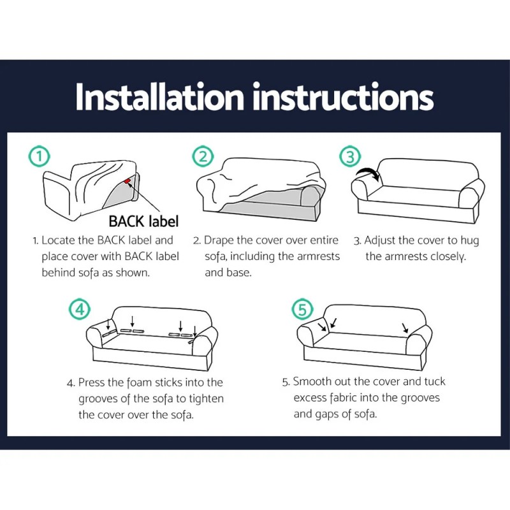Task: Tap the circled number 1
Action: (40, 156)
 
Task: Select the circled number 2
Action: (202, 156)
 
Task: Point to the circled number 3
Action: (349, 156)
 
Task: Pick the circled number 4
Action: (78, 310)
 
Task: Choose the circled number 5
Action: (302, 310)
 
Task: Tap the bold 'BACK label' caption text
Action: (143, 221)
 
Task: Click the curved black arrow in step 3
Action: (368, 173)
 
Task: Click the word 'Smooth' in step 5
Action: (312, 382)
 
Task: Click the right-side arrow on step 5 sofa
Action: (405, 329)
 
